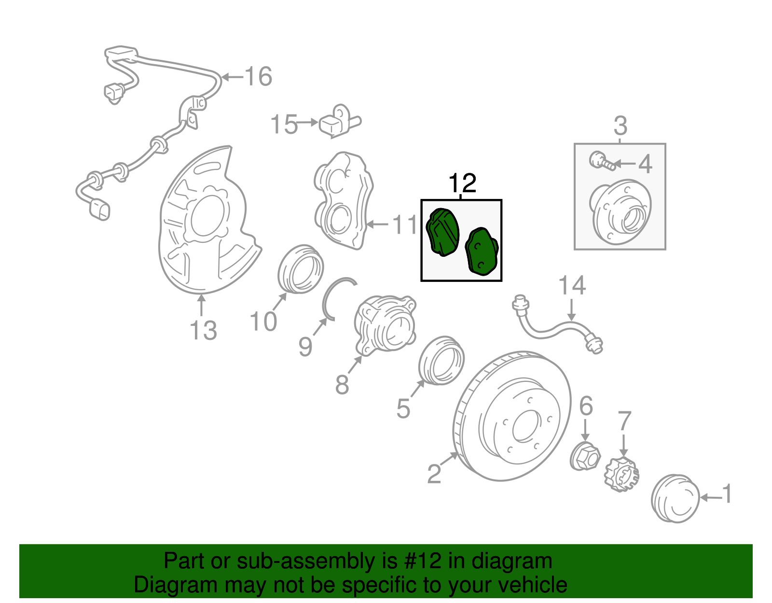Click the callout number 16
pyautogui.click(x=259, y=77)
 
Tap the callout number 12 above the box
pyautogui.click(x=462, y=183)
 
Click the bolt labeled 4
pyautogui.click(x=602, y=161)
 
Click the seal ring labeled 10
pyautogui.click(x=301, y=269)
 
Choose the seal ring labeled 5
pyautogui.click(x=441, y=361)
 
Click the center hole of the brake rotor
pyautogui.click(x=525, y=426)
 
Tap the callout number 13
pyautogui.click(x=203, y=331)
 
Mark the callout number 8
pyautogui.click(x=342, y=385)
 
